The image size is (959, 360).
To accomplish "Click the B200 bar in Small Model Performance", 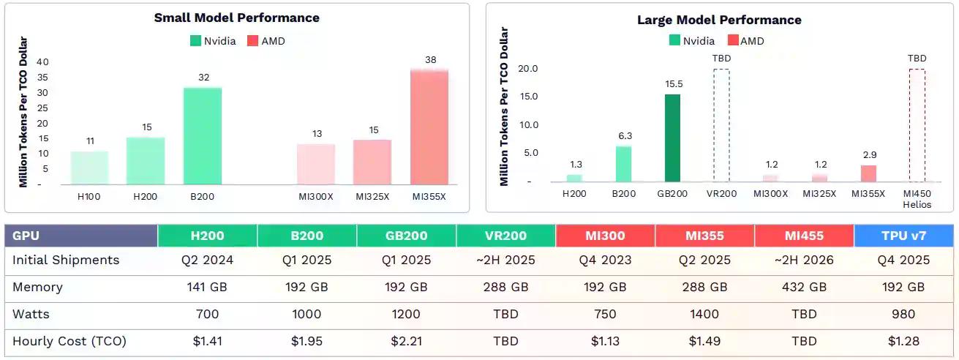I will coord(203,136).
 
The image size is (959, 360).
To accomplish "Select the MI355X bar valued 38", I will coord(429,127).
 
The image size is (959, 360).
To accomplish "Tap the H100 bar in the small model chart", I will coord(89,168).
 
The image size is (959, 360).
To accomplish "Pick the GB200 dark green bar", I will coord(673,138).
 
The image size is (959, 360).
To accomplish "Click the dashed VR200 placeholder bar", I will coord(721,125).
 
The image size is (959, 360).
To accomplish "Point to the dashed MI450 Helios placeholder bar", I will coord(917,125).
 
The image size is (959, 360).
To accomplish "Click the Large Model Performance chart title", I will coord(719,20).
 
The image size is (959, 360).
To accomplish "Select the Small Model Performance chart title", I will coord(236,18).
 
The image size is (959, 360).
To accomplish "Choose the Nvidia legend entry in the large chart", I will coord(691,41).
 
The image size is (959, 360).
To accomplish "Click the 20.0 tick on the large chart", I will coord(527,69).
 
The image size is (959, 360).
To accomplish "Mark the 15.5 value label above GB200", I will coord(673,85).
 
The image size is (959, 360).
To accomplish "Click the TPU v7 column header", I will coord(903,236).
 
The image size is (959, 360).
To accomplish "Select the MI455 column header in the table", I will coord(804,236).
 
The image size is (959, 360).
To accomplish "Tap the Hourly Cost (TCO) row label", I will coord(69,341).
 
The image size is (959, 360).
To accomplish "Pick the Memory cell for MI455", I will coord(804,288).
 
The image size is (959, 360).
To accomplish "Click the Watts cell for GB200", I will coord(406,315).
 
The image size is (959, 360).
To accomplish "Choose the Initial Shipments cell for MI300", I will coord(605,260).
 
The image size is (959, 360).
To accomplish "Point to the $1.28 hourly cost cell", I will coord(903,341).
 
